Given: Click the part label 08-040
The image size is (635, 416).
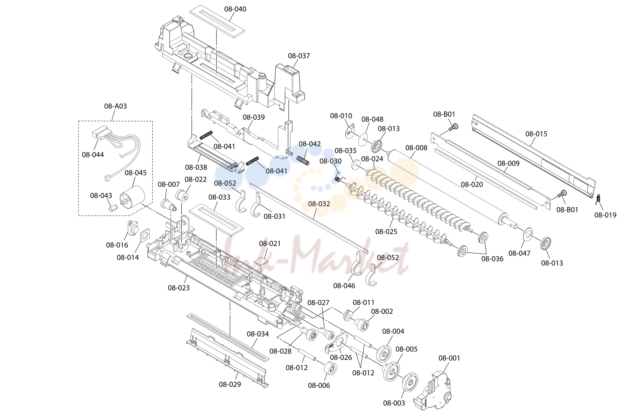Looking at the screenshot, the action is (235, 9).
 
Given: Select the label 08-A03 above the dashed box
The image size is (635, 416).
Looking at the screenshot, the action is (115, 106).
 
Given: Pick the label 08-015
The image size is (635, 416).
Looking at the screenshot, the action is (536, 134).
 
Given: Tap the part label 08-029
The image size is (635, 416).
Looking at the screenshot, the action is (230, 385).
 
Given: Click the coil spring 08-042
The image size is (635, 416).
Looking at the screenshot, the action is (303, 160).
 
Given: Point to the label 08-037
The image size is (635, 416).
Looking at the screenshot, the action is (299, 56).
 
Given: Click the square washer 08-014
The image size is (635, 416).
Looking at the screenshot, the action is (145, 235).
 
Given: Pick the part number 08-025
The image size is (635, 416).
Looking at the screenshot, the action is (386, 231).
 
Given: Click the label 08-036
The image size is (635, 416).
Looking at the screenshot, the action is (492, 258).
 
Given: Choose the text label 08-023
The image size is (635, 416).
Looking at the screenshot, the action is (179, 288).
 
